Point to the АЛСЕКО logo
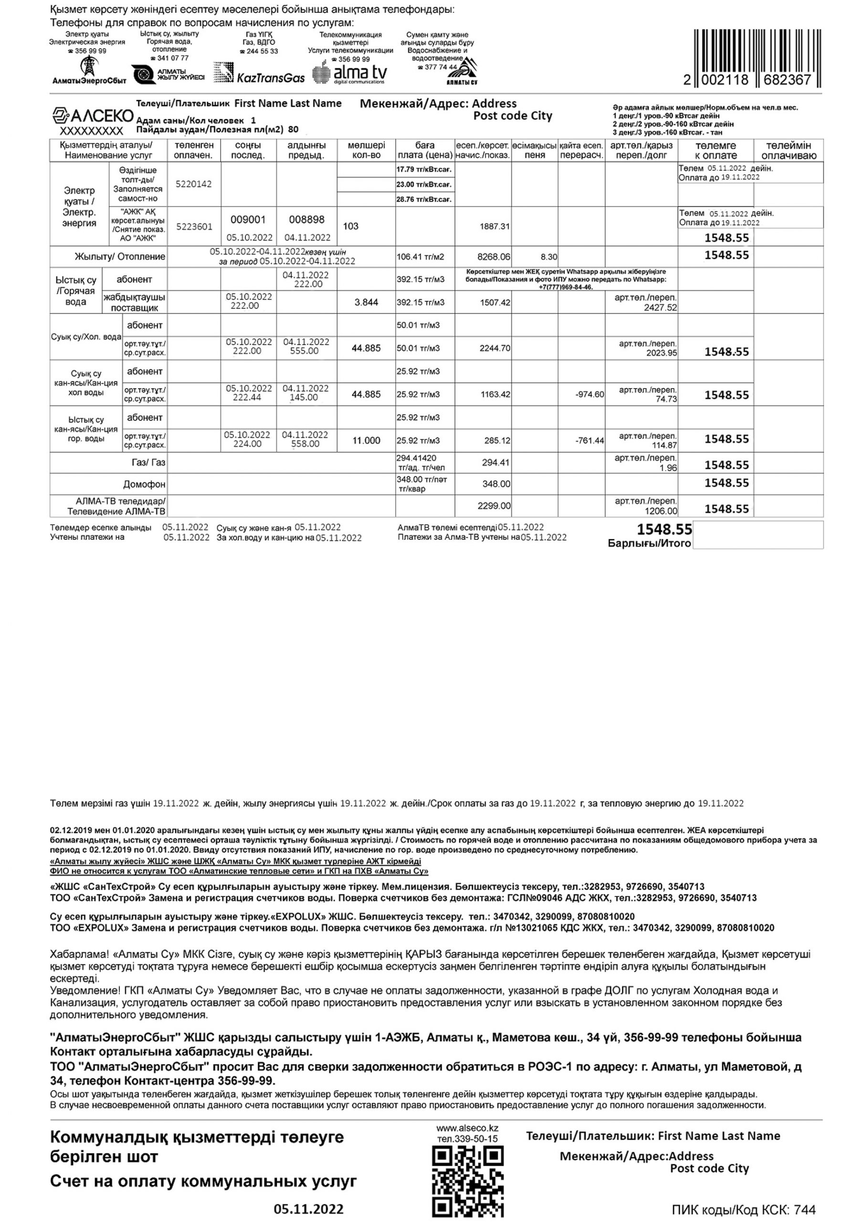coord(93,116)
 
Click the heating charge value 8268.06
coord(494,257)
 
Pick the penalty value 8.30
coord(549,257)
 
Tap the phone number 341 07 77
coord(172,58)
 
